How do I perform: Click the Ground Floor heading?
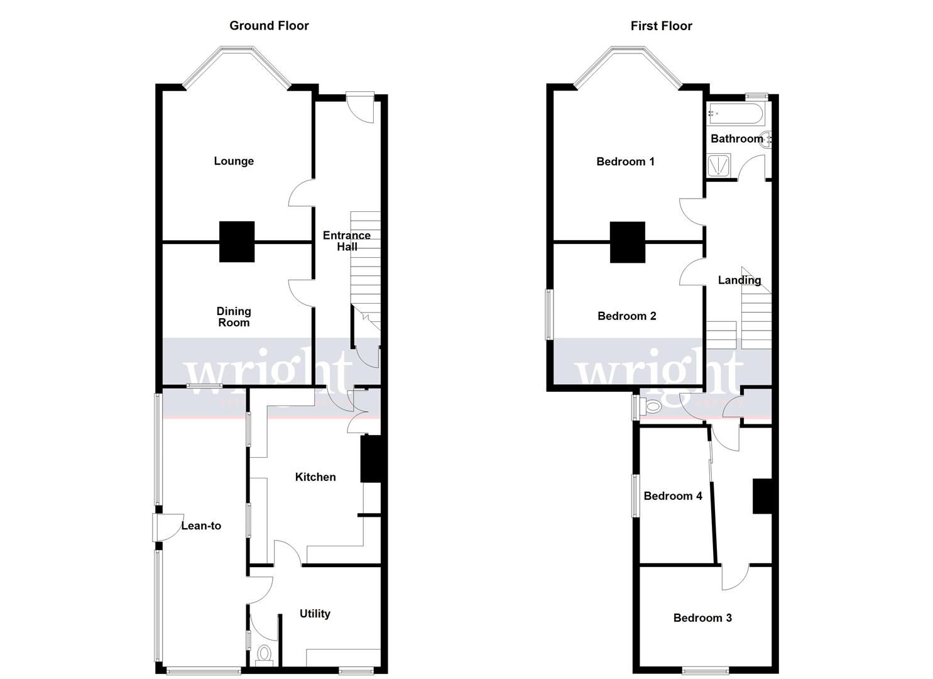click(x=269, y=26)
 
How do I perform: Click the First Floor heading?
click(x=661, y=26)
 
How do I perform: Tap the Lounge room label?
click(x=234, y=161)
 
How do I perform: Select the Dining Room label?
click(x=234, y=317)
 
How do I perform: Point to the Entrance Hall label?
click(x=347, y=241)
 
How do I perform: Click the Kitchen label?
click(x=315, y=477)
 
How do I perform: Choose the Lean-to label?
click(x=201, y=526)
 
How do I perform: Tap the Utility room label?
click(x=315, y=614)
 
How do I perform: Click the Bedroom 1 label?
click(x=625, y=162)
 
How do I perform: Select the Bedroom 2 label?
click(x=626, y=316)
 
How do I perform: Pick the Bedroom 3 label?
click(x=702, y=617)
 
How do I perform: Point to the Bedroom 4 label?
click(x=673, y=496)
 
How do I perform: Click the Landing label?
click(x=739, y=280)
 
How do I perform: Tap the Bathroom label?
click(x=736, y=138)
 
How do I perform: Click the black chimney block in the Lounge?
click(x=237, y=241)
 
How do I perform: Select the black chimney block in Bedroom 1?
click(x=628, y=242)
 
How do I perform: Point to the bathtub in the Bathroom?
click(x=735, y=114)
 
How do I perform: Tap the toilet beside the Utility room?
click(x=265, y=654)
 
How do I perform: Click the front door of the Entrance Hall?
click(x=363, y=107)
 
